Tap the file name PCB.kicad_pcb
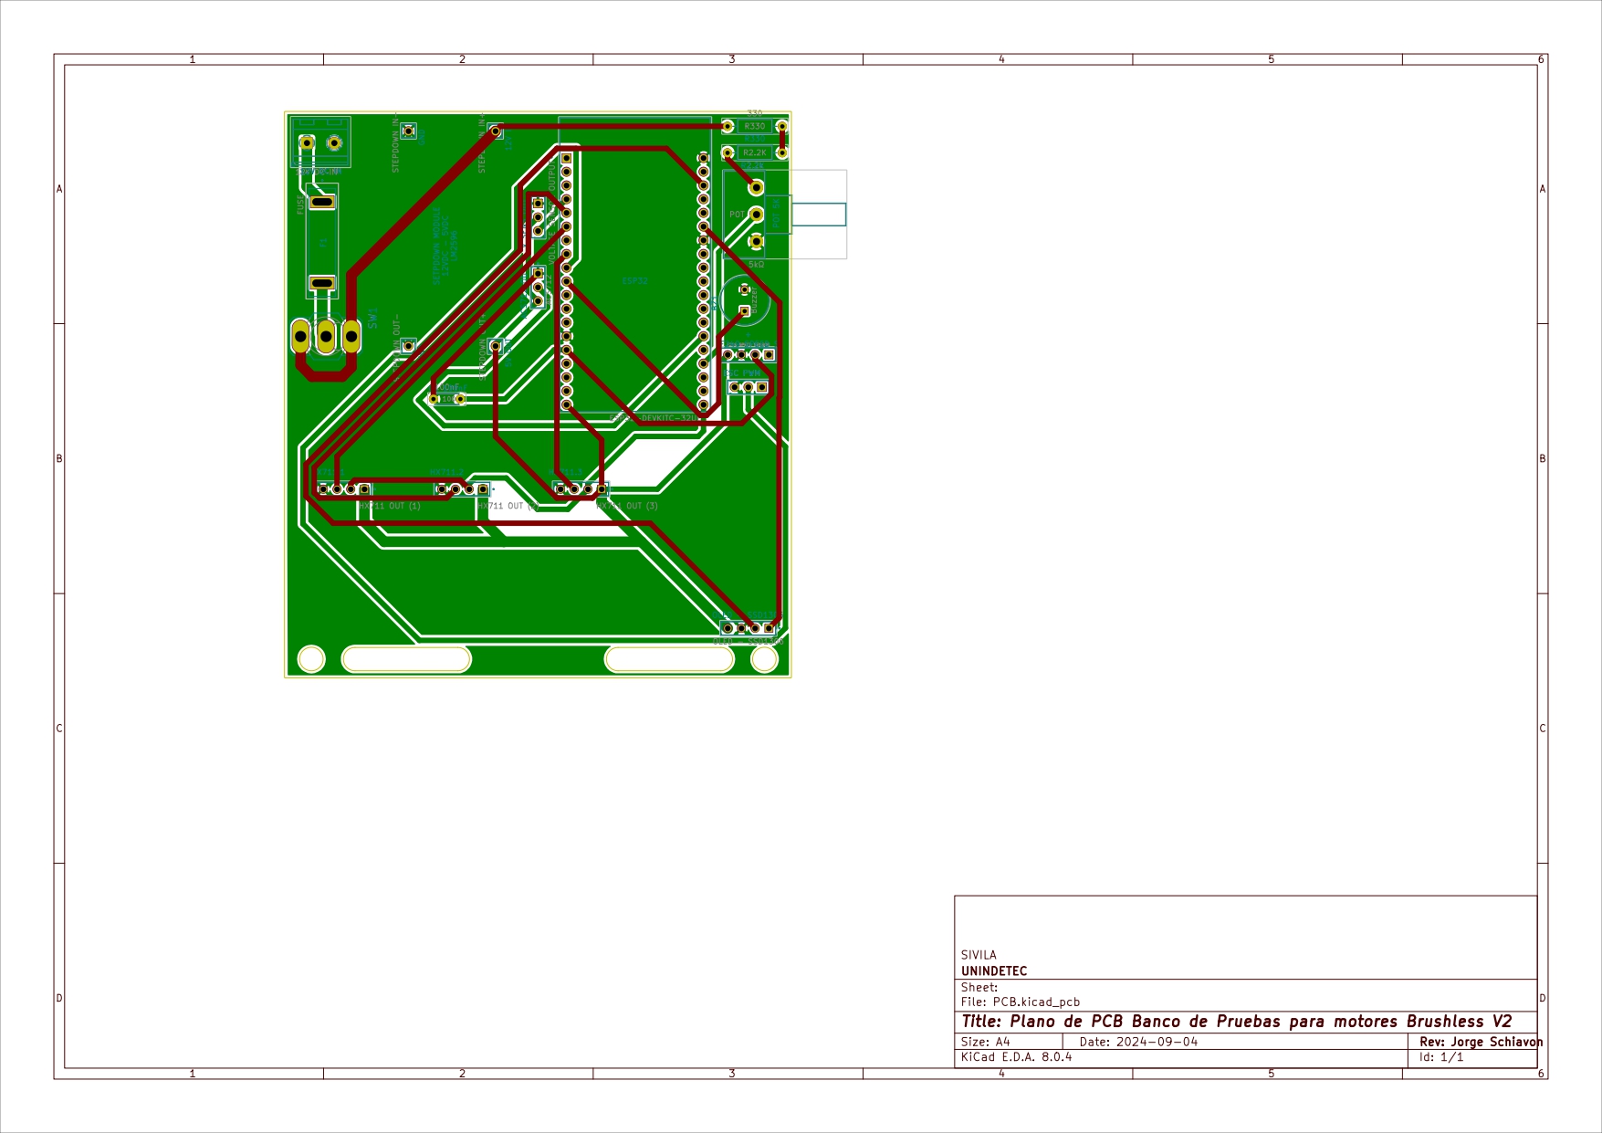pos(1036,1002)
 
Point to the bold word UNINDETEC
pos(993,971)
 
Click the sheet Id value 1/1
pos(1451,1057)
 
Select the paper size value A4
pos(1002,1042)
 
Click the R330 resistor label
pos(754,127)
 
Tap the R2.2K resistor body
pos(755,153)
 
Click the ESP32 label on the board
pos(634,281)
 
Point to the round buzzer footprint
pos(745,300)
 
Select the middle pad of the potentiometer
pos(756,215)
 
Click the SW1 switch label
pos(372,318)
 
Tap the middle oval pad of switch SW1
pos(326,337)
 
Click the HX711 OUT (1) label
pos(390,506)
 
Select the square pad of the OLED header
pos(769,628)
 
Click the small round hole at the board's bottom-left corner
pos(311,658)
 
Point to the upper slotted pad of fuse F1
pos(321,202)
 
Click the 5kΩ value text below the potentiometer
pos(756,265)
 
